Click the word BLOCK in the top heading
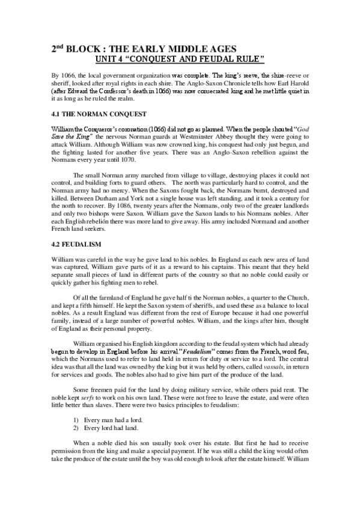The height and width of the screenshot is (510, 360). (82, 49)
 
